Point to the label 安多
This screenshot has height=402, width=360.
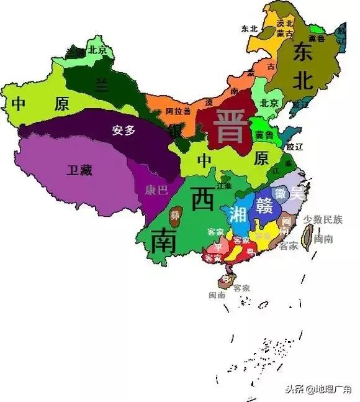coord(123,131)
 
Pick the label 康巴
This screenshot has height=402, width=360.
coord(156,190)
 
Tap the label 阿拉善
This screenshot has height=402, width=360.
coord(179,112)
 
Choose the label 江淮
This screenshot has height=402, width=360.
coord(224,186)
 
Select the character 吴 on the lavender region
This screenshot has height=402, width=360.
coord(298,194)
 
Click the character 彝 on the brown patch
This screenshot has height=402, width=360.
coord(176,216)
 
